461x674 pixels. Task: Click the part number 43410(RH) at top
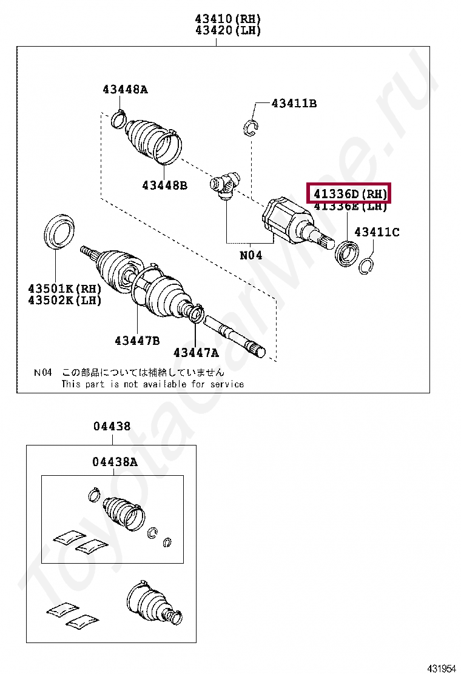[x=227, y=19]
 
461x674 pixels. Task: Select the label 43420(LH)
[x=227, y=30]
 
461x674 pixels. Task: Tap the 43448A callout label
[x=125, y=90]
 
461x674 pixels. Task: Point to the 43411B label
[x=294, y=104]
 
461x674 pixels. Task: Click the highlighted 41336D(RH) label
[x=349, y=194]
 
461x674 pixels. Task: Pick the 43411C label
[x=377, y=232]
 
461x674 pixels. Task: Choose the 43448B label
[x=164, y=185]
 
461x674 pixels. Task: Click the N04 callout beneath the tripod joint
[x=251, y=255]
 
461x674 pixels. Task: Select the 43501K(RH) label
[x=64, y=289]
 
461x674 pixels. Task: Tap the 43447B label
[x=137, y=341]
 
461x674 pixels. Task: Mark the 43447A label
[x=196, y=352]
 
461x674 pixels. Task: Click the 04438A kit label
[x=115, y=462]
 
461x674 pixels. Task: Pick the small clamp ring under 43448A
[x=119, y=119]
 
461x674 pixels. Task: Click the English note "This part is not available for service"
[x=152, y=384]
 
